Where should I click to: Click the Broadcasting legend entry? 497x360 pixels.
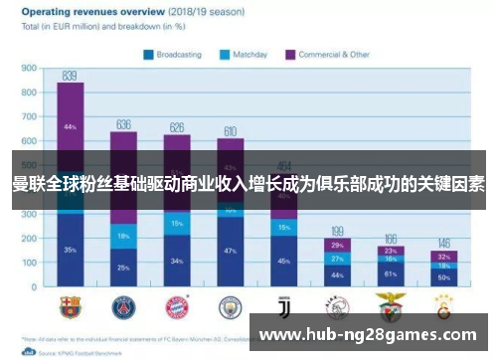[x=179, y=55]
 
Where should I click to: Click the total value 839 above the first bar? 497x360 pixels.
[x=70, y=76]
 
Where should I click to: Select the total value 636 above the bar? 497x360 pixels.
[x=123, y=125]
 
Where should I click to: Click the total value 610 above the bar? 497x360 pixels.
[x=231, y=131]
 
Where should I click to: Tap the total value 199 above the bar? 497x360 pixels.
[x=338, y=231]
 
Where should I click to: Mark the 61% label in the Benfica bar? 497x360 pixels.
[x=391, y=272]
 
